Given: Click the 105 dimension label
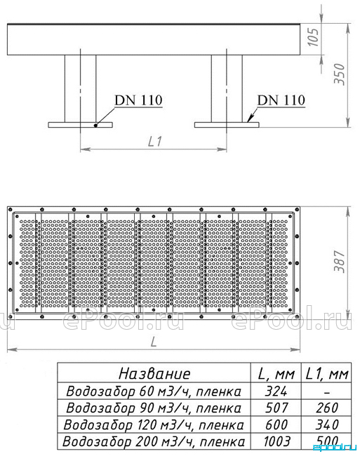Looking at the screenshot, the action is coord(314,37).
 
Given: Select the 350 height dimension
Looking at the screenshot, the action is coord(339,74).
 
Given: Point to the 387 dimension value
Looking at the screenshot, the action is coord(339,261).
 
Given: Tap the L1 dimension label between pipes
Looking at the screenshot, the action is coord(154,142).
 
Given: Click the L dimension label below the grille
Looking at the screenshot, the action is coord(154,342).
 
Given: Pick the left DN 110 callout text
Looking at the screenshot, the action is coord(138,100).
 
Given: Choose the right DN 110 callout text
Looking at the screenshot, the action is coord(281,100).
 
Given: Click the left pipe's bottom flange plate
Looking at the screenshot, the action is coord(80,125).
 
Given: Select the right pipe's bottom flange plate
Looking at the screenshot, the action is coord(227,125).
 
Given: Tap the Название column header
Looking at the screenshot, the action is coord(154,373).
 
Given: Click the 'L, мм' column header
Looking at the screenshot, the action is coord(276,374).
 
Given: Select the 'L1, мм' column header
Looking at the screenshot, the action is coord(327,374).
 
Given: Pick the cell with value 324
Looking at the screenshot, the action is coord(276,391).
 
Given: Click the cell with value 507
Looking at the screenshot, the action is coord(276,408).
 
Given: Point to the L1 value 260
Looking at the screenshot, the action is coord(327,408).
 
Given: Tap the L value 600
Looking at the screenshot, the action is coord(276,424).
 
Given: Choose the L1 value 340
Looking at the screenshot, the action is coord(327,424).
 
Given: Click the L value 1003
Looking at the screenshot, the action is coord(276,441).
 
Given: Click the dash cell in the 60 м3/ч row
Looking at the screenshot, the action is coord(327,393).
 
